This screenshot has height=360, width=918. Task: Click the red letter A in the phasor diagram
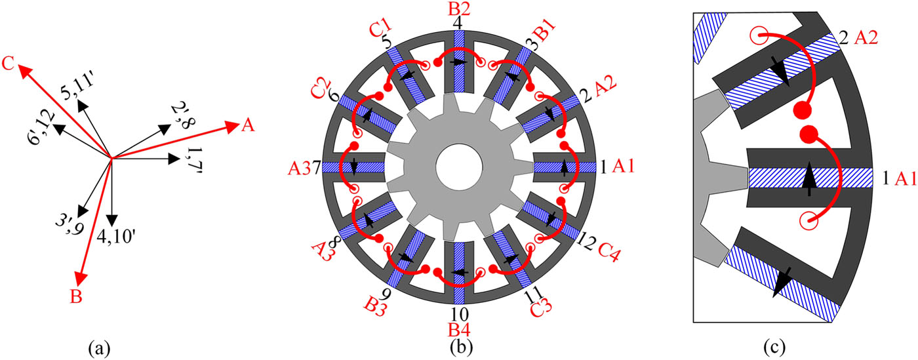247,127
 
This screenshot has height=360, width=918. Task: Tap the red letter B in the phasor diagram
76,298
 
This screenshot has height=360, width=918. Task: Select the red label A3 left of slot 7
299,168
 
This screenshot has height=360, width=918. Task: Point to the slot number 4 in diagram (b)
458,22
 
